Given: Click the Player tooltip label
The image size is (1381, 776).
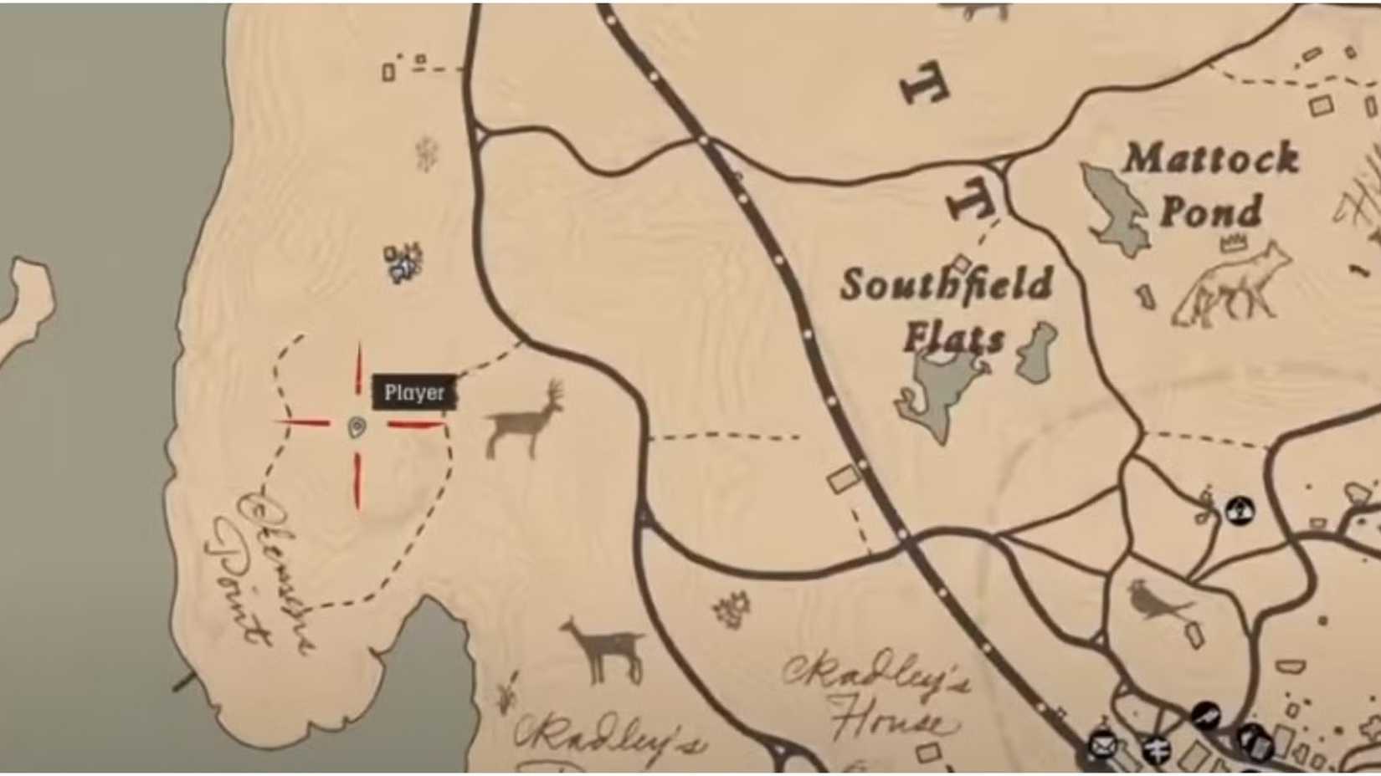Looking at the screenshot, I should coord(414,392).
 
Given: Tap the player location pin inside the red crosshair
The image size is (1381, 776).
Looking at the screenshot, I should coord(357,427).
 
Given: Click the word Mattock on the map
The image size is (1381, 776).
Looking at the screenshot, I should coord(1210,158).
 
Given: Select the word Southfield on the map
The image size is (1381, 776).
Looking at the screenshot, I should coord(946,284).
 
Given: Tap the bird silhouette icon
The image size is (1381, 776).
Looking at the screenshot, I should coord(1159,600).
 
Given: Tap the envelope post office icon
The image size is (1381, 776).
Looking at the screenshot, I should coord(1102,743).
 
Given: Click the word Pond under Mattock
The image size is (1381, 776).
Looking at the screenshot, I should coord(1210,212).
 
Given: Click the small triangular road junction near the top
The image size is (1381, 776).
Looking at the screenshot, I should coord(480,135).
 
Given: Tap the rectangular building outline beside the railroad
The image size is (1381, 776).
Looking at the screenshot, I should coord(844,479).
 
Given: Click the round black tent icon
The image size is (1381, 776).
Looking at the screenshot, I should coord(1240,509).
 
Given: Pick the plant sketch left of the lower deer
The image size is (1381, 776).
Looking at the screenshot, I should coord(731,610).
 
